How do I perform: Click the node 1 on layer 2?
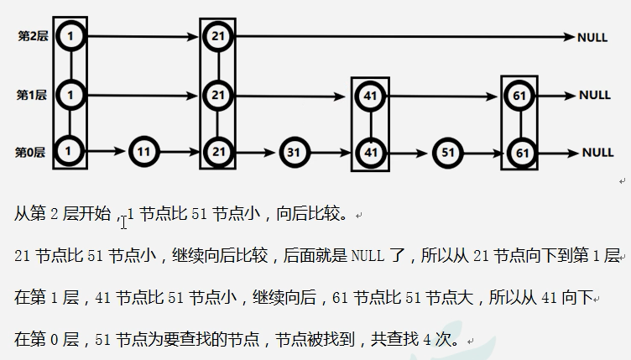point(70,37)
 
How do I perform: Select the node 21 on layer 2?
point(217,37)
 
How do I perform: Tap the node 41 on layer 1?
point(369,96)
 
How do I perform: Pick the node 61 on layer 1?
point(519,96)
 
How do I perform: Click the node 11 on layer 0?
point(143,153)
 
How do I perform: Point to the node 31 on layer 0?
point(293,153)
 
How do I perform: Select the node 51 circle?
point(446,153)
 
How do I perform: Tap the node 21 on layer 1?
point(217,96)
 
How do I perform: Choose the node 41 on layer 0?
point(369,153)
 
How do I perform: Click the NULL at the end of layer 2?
point(592,38)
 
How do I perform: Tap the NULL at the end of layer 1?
point(594,96)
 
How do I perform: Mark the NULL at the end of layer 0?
point(597,153)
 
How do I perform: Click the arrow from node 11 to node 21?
point(180,153)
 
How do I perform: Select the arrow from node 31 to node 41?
point(331,153)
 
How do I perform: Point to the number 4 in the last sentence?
point(427,339)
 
